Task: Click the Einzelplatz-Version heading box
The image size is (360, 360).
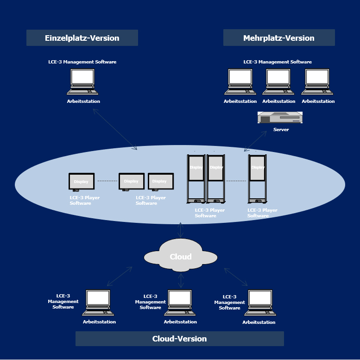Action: [x=82, y=38]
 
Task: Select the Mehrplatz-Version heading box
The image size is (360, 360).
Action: [x=279, y=38]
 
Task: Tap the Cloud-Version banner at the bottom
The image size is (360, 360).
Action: [x=179, y=339]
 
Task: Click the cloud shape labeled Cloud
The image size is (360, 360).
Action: [x=180, y=256]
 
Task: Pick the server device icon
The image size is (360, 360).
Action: [x=280, y=118]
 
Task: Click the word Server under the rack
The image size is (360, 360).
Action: [x=281, y=130]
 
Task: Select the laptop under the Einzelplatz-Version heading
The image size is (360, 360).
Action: [x=82, y=82]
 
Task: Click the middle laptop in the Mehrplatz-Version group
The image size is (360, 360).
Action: [x=278, y=82]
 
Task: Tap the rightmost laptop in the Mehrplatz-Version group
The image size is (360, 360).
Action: [x=317, y=82]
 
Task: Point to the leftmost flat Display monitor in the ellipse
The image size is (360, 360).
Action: [x=82, y=181]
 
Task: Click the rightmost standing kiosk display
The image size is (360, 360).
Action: [x=258, y=178]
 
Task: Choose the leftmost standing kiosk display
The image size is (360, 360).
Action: [x=196, y=178]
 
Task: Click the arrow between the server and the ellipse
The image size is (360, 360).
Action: [x=256, y=141]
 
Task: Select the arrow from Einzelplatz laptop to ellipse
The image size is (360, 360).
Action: [x=115, y=129]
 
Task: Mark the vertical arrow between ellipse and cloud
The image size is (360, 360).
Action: [x=181, y=230]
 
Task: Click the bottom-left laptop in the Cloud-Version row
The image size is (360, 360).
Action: [x=98, y=303]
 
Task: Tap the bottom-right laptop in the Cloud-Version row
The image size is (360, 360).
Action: [x=260, y=303]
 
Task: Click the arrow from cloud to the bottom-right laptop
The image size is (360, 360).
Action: [x=236, y=277]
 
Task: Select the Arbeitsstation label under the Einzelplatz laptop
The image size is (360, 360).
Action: [x=83, y=101]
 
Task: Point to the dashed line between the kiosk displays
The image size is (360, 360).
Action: [x=236, y=181]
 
